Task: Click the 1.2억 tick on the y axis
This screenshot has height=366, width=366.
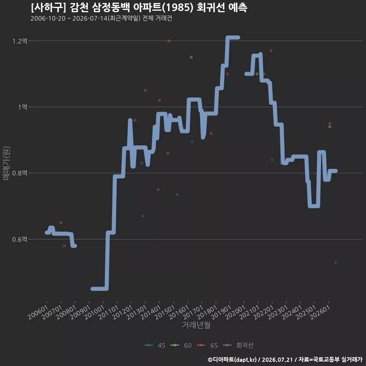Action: point(20,41)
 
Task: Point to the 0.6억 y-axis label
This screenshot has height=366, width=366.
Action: point(20,239)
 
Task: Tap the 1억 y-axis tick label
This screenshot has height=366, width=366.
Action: point(23,107)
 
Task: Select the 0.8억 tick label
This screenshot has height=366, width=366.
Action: point(20,173)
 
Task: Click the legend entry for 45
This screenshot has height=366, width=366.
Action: point(155,345)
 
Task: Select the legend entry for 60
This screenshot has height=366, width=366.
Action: point(181,345)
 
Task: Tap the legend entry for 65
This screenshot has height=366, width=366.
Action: point(207,345)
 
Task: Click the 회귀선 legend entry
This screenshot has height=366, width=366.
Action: point(238,345)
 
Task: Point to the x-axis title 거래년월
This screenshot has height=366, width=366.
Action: point(196,325)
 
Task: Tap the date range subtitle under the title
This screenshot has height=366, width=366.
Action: point(101,18)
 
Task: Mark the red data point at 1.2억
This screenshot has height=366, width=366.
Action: point(169,41)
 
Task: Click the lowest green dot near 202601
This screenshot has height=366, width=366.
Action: point(335,262)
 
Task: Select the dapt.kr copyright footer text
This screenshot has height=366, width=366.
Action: point(285,360)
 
